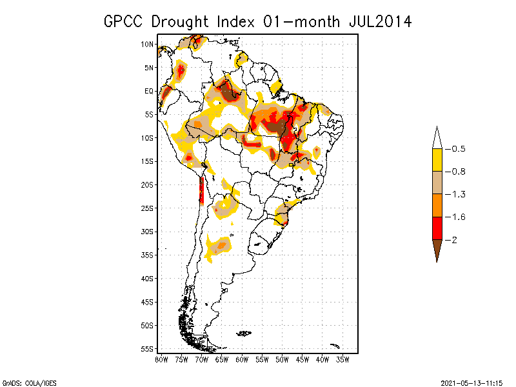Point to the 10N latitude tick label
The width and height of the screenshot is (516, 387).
tap(147, 44)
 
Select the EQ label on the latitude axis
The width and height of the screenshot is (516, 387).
tap(148, 91)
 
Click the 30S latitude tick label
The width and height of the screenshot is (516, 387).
tap(147, 232)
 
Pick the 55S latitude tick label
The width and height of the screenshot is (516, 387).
tap(147, 349)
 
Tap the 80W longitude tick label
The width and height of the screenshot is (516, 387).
tap(161, 359)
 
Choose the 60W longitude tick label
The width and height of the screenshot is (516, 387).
tap(242, 359)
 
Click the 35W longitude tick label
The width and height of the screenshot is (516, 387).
tap(343, 359)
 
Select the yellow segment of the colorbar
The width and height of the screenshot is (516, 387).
tap(437, 160)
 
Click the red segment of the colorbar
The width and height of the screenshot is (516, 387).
tap(437, 228)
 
